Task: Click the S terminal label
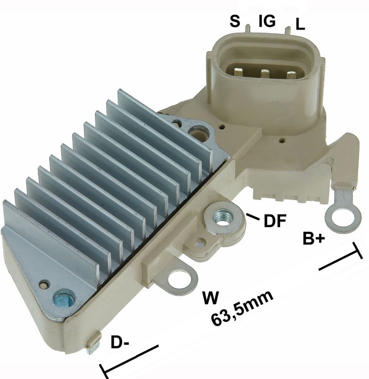[x=235, y=21]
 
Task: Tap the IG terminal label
[x=267, y=21]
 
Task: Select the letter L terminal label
[x=300, y=24]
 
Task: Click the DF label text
[x=275, y=220]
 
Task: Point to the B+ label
[x=314, y=238]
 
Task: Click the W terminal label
[x=211, y=297]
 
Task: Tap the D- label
[x=120, y=342]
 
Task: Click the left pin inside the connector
[x=239, y=72]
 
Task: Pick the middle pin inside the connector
[x=264, y=73]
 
